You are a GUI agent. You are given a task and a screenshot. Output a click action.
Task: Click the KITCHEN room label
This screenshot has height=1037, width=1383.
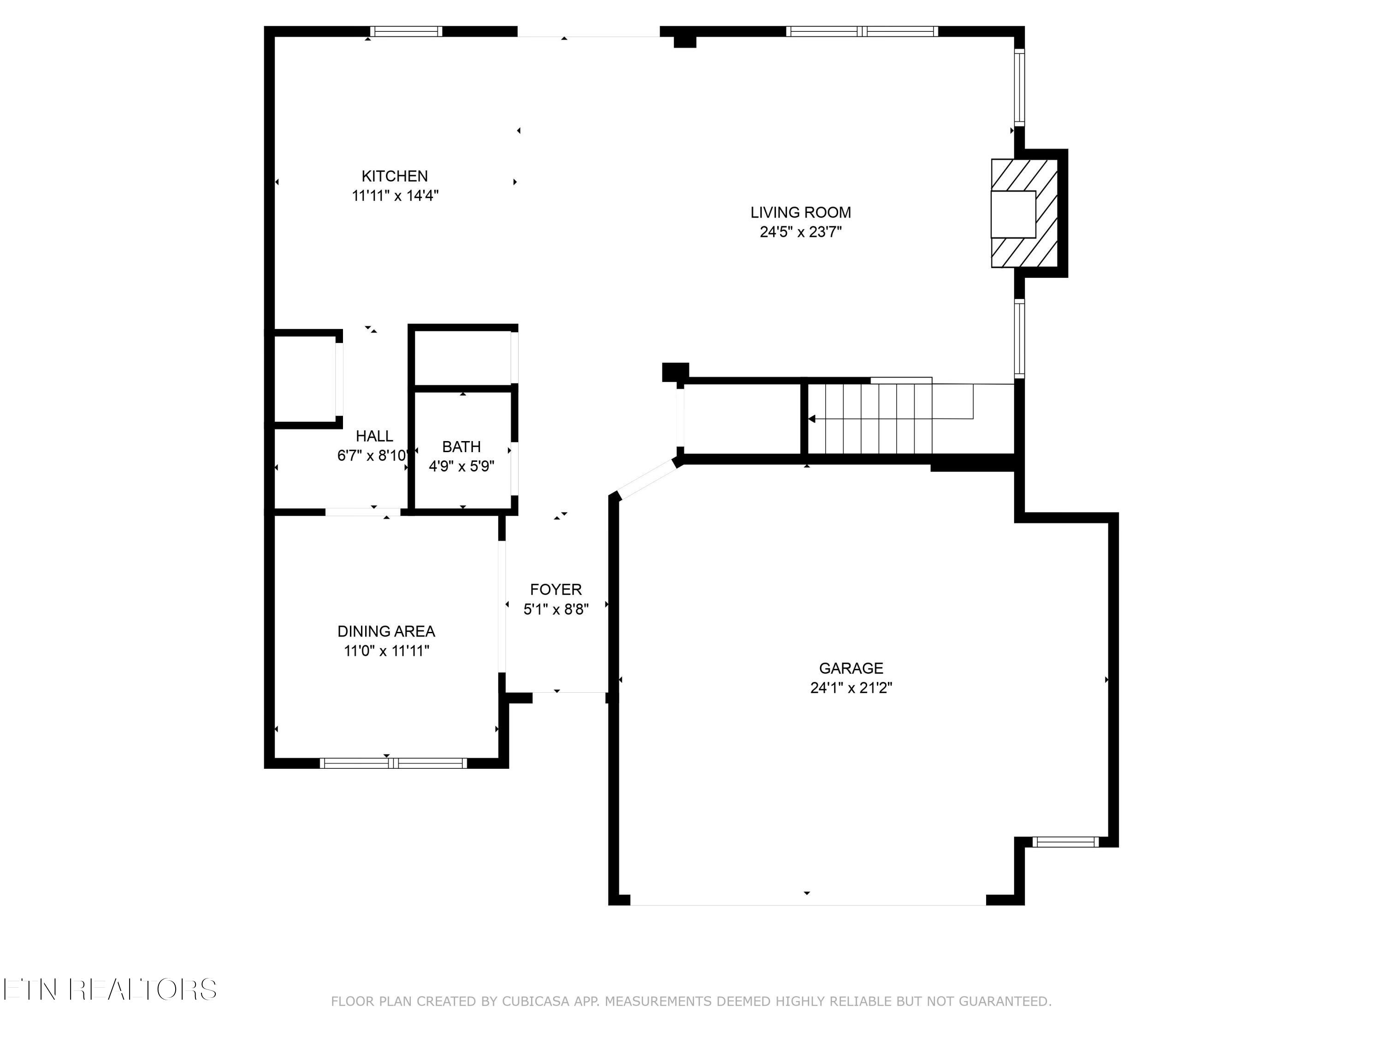(395, 176)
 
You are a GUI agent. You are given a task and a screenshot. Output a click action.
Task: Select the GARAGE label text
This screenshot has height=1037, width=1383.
(851, 668)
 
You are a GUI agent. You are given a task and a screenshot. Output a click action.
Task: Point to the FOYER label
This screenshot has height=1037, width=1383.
(555, 589)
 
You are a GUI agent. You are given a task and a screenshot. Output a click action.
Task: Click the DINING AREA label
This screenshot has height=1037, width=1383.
(386, 631)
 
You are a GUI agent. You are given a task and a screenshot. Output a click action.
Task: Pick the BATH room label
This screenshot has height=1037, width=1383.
(461, 447)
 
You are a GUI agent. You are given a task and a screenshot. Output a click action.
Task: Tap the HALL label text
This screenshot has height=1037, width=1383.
(374, 436)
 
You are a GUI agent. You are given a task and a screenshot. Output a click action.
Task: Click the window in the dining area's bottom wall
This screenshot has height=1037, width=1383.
(393, 763)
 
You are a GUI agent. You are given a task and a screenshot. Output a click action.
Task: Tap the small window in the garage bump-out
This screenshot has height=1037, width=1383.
(1065, 842)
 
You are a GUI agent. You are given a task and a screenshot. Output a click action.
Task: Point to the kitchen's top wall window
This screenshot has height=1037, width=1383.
(406, 31)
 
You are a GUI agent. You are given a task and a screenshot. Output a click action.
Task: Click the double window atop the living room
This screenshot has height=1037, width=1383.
(862, 31)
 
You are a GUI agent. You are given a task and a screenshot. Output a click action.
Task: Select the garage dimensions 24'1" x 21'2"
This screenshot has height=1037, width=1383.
(851, 688)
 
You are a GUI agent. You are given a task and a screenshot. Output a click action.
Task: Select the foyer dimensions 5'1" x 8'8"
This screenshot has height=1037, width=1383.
(555, 609)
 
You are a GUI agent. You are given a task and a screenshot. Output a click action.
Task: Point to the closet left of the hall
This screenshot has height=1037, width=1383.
(305, 379)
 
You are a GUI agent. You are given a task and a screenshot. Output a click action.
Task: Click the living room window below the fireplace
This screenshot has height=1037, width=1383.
(1019, 339)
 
